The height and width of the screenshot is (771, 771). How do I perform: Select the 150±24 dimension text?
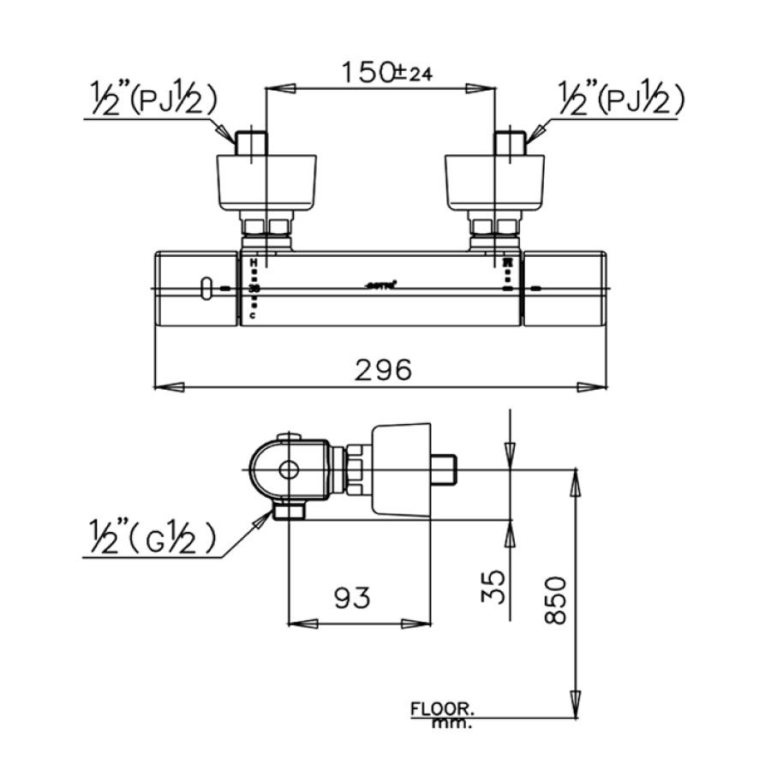[384, 73]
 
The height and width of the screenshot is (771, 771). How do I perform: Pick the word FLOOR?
[442, 709]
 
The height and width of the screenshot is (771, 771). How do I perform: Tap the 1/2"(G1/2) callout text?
[151, 541]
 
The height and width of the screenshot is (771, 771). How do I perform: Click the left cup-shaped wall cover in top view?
[266, 182]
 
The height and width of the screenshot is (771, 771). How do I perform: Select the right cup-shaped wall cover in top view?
[495, 182]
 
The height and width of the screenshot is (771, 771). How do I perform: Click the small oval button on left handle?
[205, 289]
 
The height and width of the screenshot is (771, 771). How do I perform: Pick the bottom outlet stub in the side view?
[289, 512]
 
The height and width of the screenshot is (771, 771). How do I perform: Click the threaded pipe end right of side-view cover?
[445, 469]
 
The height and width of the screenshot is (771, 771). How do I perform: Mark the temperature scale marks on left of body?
[254, 289]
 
